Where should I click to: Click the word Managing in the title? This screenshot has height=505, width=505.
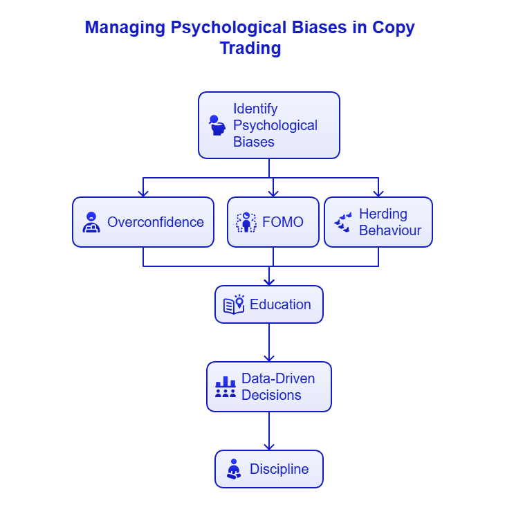pyautogui.click(x=125, y=28)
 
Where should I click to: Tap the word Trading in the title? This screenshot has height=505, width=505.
pyautogui.click(x=250, y=48)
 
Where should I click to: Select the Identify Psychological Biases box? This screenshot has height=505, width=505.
pyautogui.click(x=269, y=125)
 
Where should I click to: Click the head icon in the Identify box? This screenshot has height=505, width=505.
pyautogui.click(x=217, y=125)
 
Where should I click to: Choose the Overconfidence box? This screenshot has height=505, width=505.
pyautogui.click(x=143, y=222)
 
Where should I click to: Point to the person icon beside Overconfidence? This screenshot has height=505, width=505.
pyautogui.click(x=91, y=222)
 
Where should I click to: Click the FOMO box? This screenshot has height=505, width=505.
pyautogui.click(x=273, y=222)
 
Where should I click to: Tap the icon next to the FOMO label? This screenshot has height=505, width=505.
pyautogui.click(x=246, y=222)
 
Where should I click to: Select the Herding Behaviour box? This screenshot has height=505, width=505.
pyautogui.click(x=378, y=222)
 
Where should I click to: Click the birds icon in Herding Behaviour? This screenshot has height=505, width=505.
pyautogui.click(x=342, y=222)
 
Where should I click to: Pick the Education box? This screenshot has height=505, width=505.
pyautogui.click(x=269, y=304)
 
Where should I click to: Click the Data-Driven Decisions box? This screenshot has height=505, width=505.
pyautogui.click(x=269, y=387)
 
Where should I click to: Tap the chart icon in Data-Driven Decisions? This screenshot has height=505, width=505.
pyautogui.click(x=226, y=387)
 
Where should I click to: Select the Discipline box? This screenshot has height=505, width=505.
pyautogui.click(x=269, y=469)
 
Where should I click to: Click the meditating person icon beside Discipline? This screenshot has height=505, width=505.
pyautogui.click(x=234, y=469)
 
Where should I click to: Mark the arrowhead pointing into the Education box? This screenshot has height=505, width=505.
pyautogui.click(x=269, y=282)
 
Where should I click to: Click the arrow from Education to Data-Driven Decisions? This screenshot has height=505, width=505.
pyautogui.click(x=269, y=342)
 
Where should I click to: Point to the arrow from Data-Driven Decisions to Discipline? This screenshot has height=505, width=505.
pyautogui.click(x=269, y=431)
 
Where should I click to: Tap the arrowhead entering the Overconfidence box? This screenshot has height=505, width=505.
pyautogui.click(x=143, y=193)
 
